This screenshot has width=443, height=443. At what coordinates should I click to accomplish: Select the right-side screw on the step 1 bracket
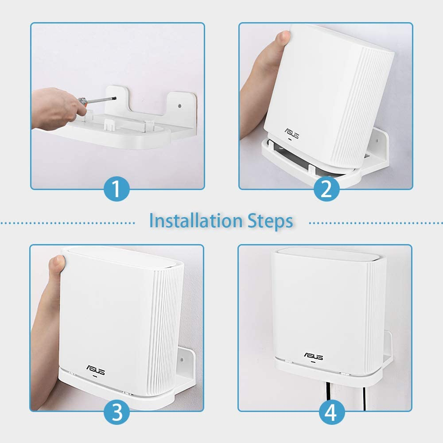click(179, 106)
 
